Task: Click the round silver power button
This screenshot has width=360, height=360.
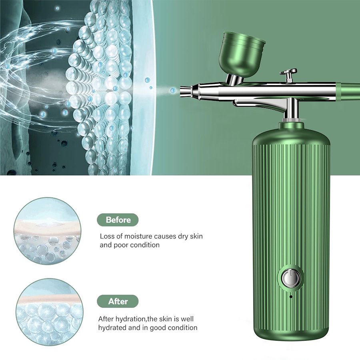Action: pos(291,278)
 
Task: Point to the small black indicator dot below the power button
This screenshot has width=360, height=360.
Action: pos(291,296)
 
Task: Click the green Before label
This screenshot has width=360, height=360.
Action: pos(118,220)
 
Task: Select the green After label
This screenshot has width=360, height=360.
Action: pos(118,301)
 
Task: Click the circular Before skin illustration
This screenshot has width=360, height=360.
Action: pos(48,231)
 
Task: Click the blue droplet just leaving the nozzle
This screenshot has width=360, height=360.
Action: pos(173,91)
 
